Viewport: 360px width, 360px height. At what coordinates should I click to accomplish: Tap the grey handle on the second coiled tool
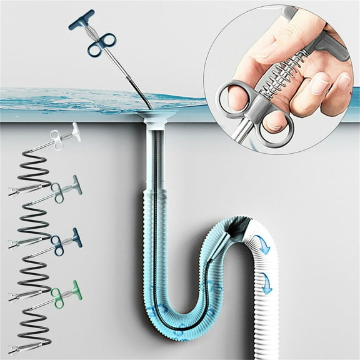click(76, 183)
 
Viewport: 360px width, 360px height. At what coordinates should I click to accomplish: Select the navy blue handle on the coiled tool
click(75, 236)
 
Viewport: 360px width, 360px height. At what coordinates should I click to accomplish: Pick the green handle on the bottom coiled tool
click(75, 289)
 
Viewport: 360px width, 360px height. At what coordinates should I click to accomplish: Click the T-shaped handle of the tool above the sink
click(81, 20)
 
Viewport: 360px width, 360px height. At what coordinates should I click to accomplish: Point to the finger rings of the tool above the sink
click(101, 44)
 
